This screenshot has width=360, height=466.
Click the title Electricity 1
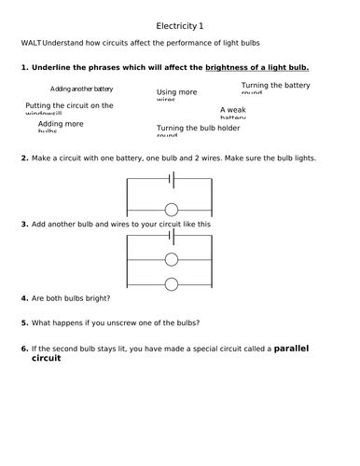pos(179,25)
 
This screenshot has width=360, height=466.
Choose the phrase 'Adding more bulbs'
pos(61,126)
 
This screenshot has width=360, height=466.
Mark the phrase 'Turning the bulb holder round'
pos(199,130)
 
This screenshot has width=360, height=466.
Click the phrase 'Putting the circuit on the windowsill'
pos(69,109)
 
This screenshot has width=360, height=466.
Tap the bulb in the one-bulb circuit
pos(173,208)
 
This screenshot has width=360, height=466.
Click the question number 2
pos(23,158)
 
